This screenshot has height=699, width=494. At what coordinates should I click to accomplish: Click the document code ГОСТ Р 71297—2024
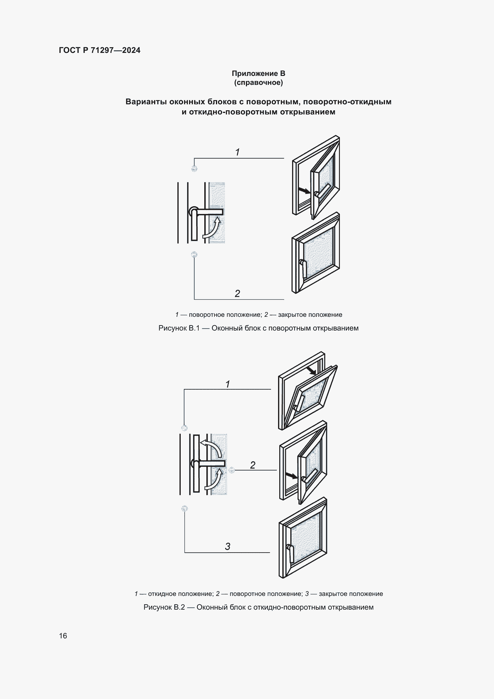point(99,50)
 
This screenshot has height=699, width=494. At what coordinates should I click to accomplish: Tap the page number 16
point(63,636)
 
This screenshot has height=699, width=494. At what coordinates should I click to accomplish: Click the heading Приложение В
point(258,74)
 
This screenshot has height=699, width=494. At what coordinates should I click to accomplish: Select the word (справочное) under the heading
point(258,82)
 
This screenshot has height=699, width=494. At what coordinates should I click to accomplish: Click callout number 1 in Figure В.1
point(237,152)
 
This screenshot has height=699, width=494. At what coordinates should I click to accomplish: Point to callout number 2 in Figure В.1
point(237,293)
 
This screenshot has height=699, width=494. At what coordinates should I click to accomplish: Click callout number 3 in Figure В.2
point(228,547)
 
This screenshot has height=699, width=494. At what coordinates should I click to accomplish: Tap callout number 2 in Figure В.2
point(252,465)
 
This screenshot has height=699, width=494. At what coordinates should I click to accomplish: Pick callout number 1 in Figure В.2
point(228,384)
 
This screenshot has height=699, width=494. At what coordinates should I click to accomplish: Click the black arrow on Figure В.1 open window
point(304,191)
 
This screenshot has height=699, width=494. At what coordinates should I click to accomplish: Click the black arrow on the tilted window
point(311,371)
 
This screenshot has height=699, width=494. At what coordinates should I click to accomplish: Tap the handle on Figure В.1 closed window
point(303,267)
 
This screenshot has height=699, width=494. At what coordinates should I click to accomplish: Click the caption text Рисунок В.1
point(179,328)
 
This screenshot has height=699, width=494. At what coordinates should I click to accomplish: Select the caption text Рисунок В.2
point(164,607)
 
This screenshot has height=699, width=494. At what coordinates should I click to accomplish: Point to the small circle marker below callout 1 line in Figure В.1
point(194,168)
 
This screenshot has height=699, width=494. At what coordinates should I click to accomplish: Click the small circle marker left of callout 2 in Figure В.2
point(231,470)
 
